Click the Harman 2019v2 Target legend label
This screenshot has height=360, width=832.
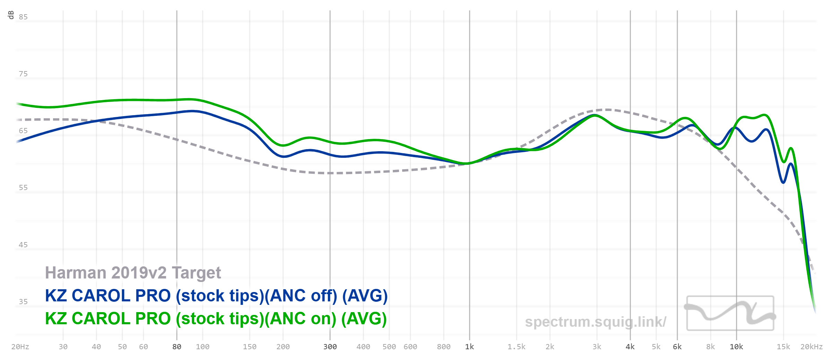point(133,273)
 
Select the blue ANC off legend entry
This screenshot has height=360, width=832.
point(216,296)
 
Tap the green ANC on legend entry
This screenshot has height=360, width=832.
point(216,319)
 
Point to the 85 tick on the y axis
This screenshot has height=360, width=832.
point(23,17)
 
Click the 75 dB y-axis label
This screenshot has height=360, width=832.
point(23,74)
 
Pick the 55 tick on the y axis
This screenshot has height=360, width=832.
point(23,188)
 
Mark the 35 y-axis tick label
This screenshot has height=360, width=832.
point(23,302)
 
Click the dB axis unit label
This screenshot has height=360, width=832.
point(11,15)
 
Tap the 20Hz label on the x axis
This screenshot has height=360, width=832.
point(20,347)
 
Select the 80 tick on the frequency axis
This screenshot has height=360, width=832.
point(177,347)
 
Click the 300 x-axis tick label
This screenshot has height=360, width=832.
point(330,347)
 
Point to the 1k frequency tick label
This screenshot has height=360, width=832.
point(469,347)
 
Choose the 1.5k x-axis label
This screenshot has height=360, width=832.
point(517,347)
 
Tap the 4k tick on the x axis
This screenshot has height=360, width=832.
point(630,347)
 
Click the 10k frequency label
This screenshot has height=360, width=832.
point(736,347)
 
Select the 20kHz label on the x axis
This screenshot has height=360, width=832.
point(811,347)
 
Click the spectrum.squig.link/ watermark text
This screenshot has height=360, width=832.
point(596,322)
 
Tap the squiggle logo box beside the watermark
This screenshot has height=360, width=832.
point(730,313)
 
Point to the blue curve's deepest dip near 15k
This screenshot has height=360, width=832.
point(783,182)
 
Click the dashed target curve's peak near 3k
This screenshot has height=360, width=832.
point(607,110)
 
